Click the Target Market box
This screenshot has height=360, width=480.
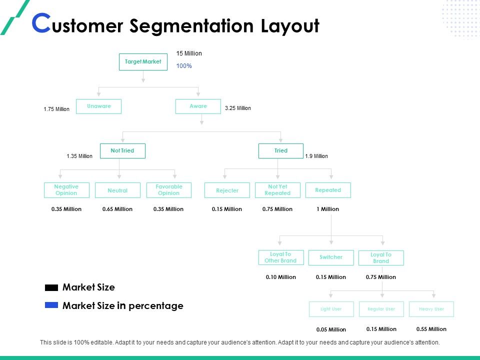[143, 62]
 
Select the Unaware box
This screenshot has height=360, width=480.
[98, 106]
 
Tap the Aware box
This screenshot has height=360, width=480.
[198, 106]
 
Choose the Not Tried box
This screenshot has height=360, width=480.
[122, 151]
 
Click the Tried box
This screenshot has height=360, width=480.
[280, 151]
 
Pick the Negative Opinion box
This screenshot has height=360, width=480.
[66, 190]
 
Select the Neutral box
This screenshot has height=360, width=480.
[117, 190]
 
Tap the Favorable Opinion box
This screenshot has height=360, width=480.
[169, 190]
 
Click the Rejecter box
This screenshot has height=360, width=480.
[227, 190]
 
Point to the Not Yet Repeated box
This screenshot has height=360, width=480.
[277, 190]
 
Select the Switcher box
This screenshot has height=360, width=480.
[331, 257]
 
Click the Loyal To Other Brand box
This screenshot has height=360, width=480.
[280, 257]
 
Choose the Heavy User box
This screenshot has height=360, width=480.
[431, 309]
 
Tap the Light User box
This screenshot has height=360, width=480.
[331, 309]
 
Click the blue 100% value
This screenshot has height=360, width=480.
[184, 66]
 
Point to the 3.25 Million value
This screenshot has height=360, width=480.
[238, 108]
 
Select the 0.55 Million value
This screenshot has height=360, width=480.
[431, 329]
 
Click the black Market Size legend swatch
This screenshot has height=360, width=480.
[51, 288]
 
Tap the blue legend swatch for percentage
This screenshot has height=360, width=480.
[51, 305]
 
